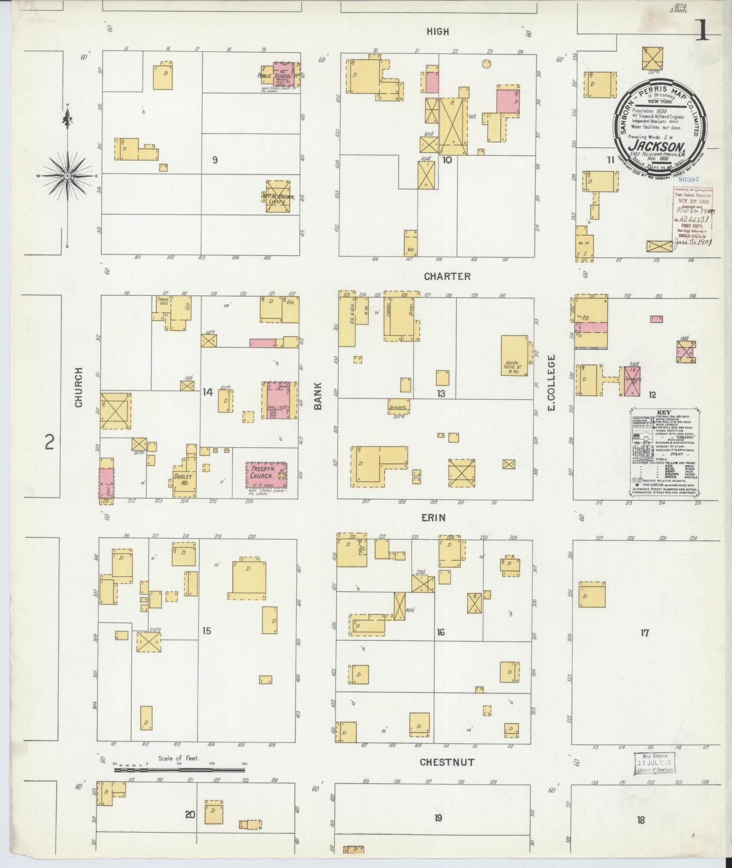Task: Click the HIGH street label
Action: click(437, 31)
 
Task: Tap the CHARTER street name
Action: click(447, 276)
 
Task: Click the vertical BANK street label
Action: click(317, 396)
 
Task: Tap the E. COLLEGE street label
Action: click(552, 383)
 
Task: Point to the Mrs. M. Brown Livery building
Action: click(278, 196)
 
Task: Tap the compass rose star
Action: click(68, 176)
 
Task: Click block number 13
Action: click(441, 393)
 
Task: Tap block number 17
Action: click(644, 633)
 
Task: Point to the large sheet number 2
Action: click(49, 441)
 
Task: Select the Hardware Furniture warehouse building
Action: click(515, 356)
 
